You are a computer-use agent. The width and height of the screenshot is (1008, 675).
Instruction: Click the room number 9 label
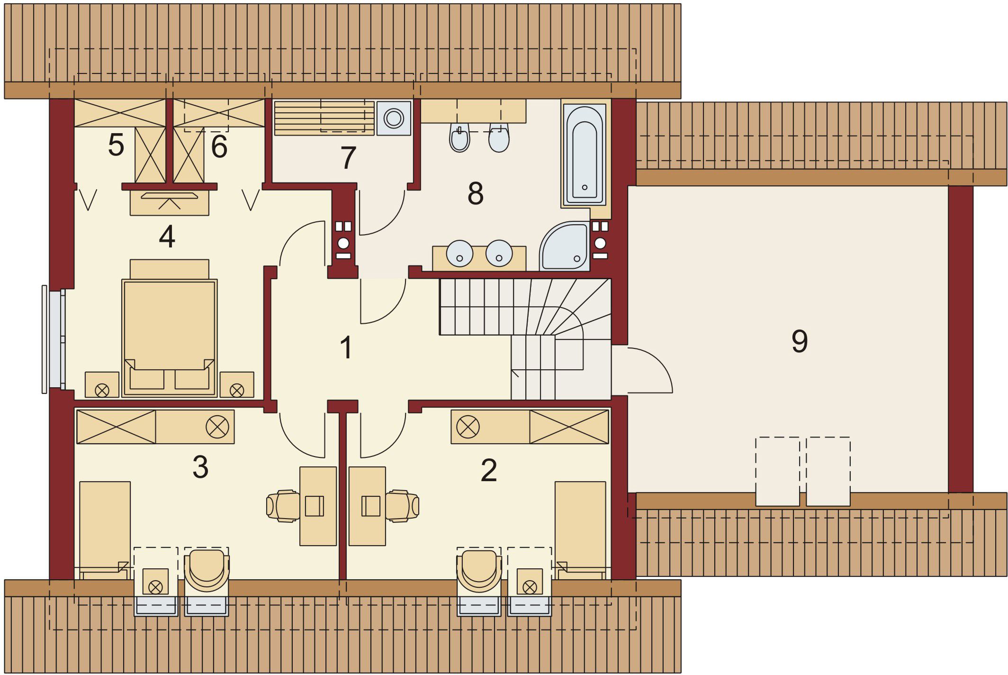pos(800,341)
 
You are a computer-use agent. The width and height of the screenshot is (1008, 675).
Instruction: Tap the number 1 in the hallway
pos(346,347)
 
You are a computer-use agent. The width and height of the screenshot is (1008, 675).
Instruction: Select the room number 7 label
pos(348,158)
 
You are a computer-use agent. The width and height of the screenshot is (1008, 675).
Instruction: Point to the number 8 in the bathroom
pos(476,193)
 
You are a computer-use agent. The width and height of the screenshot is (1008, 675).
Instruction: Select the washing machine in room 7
pos(394,118)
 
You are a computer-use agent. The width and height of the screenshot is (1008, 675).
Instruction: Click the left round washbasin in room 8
pos(459,253)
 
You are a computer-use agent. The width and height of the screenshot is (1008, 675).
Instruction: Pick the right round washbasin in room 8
pos(499,253)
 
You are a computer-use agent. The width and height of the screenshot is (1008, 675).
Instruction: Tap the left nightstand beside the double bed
pos(102,384)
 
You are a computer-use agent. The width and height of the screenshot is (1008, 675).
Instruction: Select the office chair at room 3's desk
pos(283,506)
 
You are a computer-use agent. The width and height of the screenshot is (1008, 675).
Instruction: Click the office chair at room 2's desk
pos(402,506)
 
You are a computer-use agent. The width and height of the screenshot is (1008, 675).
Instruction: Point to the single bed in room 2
pos(580,530)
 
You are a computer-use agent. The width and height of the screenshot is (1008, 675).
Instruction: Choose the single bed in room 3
pos(105,530)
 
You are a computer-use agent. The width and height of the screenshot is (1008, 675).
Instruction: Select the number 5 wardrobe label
pos(116,145)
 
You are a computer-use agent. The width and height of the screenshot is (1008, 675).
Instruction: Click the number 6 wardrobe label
pos(219,146)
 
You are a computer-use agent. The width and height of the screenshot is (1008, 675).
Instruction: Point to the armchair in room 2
pos(479,571)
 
